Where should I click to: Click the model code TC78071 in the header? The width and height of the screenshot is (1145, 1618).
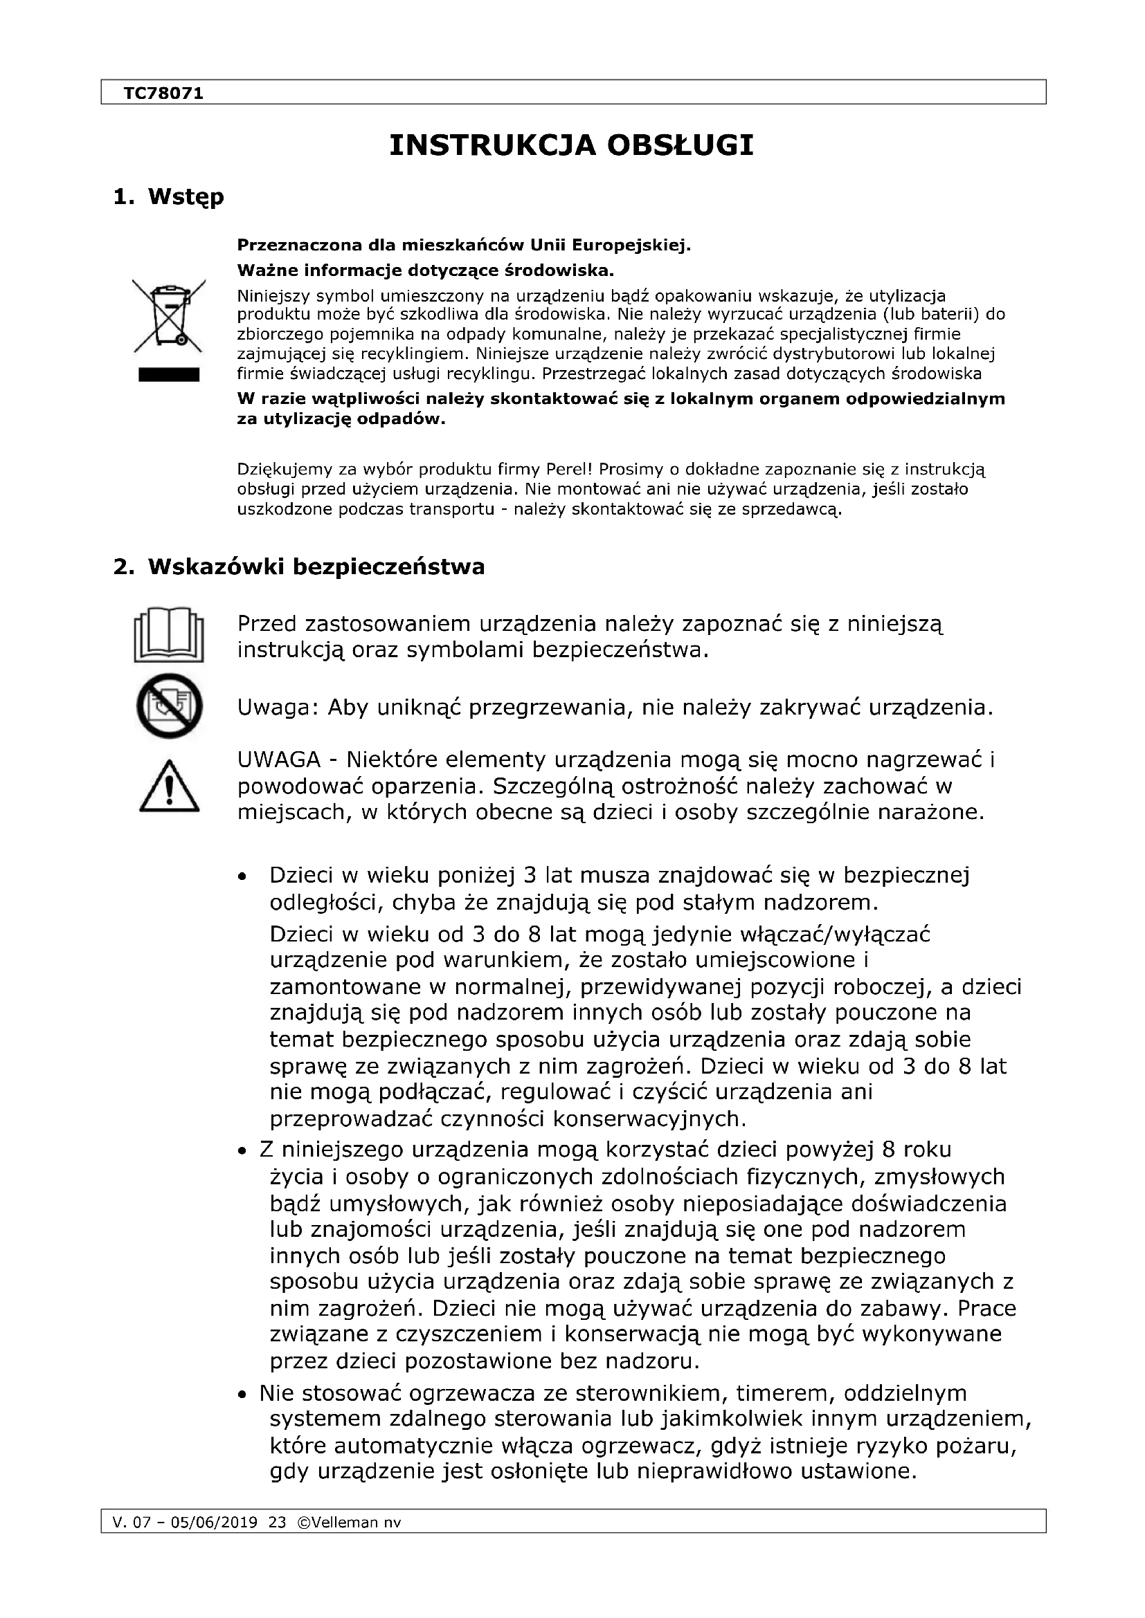pos(163,93)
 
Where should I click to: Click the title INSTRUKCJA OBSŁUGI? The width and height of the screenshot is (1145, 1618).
pos(572,145)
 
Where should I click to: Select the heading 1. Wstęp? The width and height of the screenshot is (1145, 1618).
pos(168,196)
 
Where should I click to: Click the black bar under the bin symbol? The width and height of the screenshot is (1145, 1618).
pos(169,374)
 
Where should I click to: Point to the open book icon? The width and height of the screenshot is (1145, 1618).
pos(169,634)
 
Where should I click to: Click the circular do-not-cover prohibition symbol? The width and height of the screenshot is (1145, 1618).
pos(169,706)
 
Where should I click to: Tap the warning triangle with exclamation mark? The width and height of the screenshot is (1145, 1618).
pos(169,787)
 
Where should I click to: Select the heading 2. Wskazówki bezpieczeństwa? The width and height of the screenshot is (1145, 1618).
pos(299,567)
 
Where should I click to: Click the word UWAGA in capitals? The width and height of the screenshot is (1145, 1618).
pos(278,760)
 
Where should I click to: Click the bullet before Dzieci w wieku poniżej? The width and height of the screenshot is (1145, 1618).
pos(242,877)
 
